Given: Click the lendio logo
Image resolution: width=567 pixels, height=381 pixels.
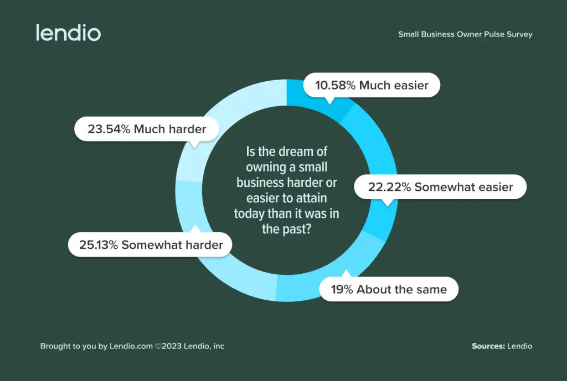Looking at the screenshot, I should point(68,33).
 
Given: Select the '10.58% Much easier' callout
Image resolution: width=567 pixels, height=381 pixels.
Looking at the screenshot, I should point(371,85).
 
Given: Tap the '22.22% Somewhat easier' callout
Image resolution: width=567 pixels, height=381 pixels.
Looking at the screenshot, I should point(440,187).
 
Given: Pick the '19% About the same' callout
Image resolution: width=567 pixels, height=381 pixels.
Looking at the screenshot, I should point(389,289).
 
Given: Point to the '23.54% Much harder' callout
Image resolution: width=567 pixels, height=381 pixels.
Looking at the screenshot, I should point(147,129).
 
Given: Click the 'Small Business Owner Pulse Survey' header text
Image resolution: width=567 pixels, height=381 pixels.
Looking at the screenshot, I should point(465,34).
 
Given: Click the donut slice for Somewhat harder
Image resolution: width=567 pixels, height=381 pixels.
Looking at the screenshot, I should point(221,265).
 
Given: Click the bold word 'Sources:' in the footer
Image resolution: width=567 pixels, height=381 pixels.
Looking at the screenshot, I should point(488,346).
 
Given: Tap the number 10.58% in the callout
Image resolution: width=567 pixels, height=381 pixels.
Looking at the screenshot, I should point(336,85).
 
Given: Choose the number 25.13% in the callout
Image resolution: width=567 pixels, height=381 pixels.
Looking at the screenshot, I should point(99,245).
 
